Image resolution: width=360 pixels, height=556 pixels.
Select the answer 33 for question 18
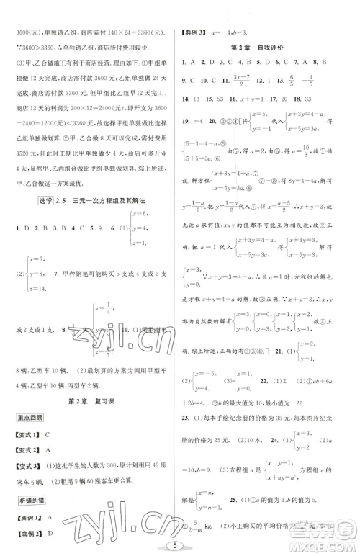tap(307, 97)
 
